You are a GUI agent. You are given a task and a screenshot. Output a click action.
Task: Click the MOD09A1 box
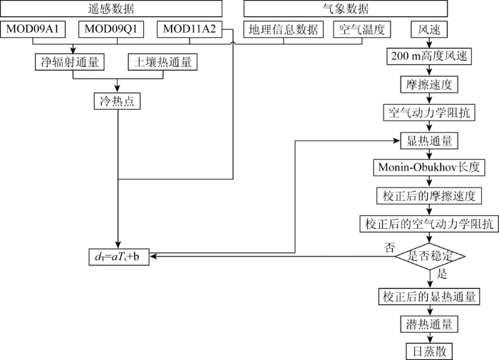pyautogui.click(x=33, y=29)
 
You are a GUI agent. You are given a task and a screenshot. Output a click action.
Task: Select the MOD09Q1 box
pyautogui.click(x=111, y=29)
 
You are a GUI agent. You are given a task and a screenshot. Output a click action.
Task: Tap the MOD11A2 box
pyautogui.click(x=190, y=29)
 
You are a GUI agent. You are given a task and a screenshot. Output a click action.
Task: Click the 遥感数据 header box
pyautogui.click(x=111, y=9)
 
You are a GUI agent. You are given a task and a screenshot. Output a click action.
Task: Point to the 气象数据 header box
pyautogui.click(x=346, y=9)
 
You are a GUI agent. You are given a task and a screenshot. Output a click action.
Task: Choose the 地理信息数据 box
pyautogui.click(x=284, y=29)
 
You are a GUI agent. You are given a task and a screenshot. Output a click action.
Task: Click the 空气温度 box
pyautogui.click(x=362, y=29)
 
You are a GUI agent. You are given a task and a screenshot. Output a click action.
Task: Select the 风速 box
pyautogui.click(x=429, y=29)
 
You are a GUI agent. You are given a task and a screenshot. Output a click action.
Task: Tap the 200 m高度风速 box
pyautogui.click(x=429, y=56)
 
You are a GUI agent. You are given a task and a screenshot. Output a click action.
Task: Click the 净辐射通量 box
pyautogui.click(x=70, y=62)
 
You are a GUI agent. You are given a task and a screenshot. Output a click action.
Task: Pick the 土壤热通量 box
pyautogui.click(x=163, y=62)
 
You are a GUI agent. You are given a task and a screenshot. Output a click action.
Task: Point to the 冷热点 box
pyautogui.click(x=117, y=101)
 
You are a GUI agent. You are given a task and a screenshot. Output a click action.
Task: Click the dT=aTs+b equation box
pyautogui.click(x=119, y=257)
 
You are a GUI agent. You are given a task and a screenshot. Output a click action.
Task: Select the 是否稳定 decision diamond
pyautogui.click(x=430, y=256)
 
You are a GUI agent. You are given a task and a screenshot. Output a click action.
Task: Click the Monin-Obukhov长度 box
pyautogui.click(x=429, y=168)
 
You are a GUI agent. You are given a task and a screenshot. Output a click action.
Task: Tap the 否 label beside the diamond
pyautogui.click(x=389, y=247)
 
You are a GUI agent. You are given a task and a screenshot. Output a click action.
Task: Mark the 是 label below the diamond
pyautogui.click(x=442, y=274)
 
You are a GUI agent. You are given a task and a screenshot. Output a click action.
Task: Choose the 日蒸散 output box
pyautogui.click(x=429, y=351)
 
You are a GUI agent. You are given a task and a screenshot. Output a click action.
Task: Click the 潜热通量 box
pyautogui.click(x=429, y=324)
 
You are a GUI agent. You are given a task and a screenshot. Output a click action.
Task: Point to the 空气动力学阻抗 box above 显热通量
pyautogui.click(x=429, y=113)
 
